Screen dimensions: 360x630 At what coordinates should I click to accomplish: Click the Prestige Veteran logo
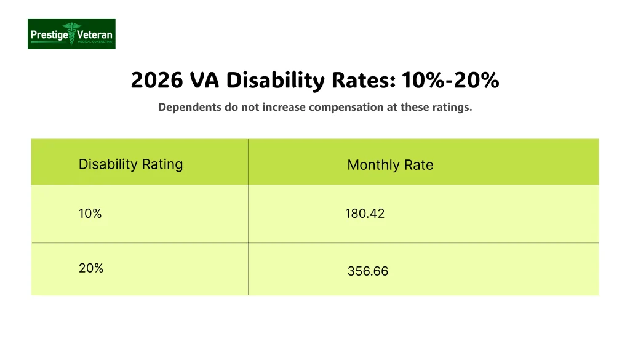pos(71,34)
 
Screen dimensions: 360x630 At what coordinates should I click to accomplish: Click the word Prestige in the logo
pos(49,34)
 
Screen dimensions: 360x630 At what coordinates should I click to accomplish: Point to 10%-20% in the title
pos(450,81)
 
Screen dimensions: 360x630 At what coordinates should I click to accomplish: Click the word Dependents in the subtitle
pos(186,107)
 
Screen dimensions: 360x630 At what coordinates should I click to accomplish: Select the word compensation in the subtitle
pos(345,107)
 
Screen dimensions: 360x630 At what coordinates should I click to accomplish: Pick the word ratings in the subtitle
pos(452,107)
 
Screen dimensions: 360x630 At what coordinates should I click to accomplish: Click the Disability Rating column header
pos(130,164)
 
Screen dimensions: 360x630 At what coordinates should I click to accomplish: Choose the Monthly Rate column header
pos(390,165)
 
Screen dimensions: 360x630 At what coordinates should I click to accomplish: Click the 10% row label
pos(90,214)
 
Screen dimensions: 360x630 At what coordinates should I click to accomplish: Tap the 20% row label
pos(91,268)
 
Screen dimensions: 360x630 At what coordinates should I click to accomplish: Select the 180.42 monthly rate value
pos(365,214)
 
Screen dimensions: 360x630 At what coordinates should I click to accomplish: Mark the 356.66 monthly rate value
pos(368,271)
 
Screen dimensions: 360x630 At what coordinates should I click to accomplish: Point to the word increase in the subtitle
pos(284,107)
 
